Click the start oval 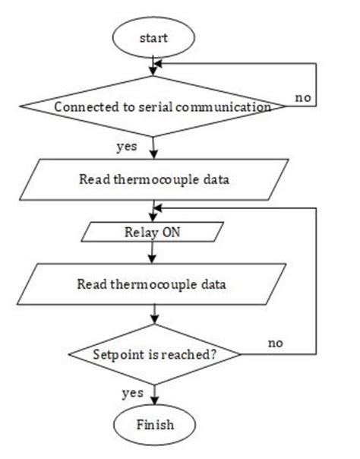(154, 36)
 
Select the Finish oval (155, 423)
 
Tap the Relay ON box (155, 230)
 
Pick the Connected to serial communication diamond (155, 107)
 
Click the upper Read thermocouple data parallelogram (155, 180)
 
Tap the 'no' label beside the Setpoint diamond (276, 343)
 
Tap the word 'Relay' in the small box (142, 230)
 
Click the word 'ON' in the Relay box (170, 230)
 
